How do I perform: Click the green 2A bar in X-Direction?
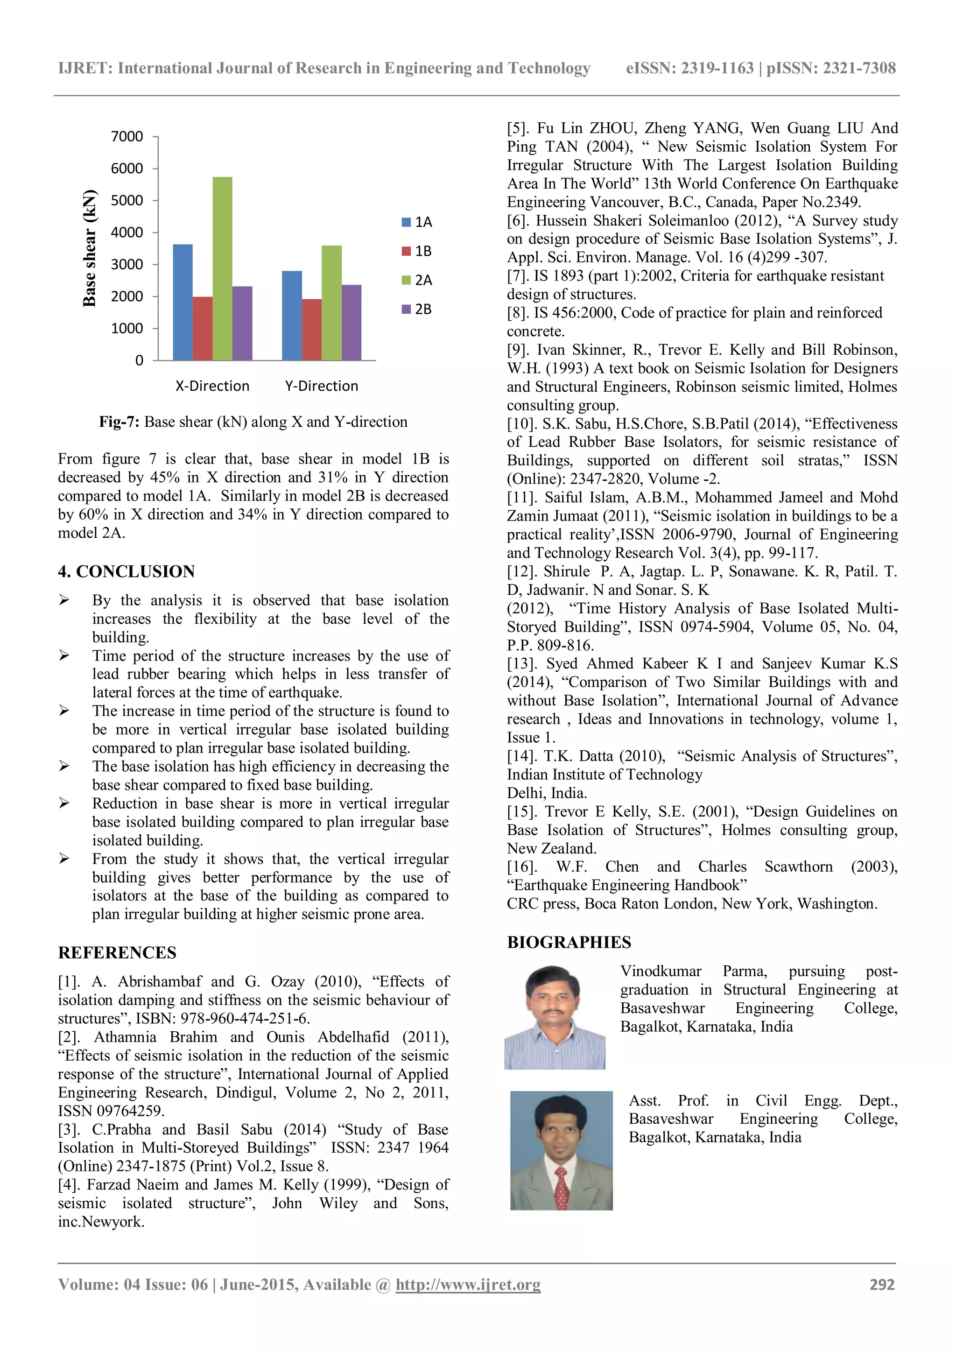point(222,268)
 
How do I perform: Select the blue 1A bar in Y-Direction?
point(291,316)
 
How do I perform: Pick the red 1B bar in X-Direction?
point(202,329)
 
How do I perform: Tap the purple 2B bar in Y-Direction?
point(351,323)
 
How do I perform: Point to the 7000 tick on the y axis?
point(127,137)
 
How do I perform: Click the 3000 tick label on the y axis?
point(127,264)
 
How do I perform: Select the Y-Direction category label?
point(322,386)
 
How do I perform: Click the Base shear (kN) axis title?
point(90,248)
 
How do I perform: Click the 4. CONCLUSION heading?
point(126,572)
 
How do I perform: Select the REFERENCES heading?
point(117,953)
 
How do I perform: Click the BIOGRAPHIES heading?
point(569,942)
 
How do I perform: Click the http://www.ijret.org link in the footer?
point(468,1284)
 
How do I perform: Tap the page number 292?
point(882,1284)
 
